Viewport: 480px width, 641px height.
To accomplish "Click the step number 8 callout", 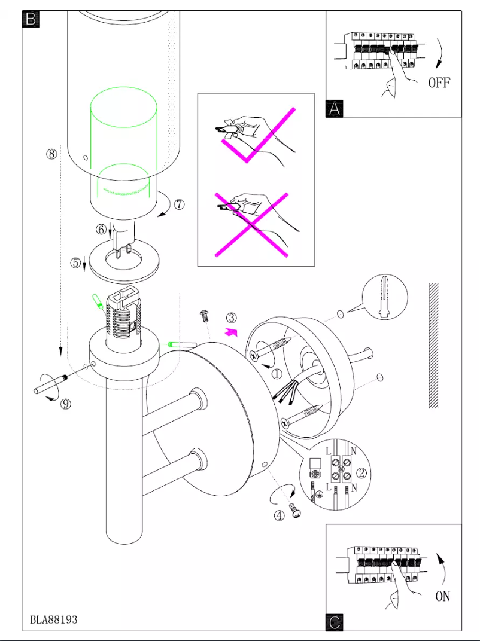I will (52, 154).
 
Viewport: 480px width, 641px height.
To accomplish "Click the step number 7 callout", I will (180, 204).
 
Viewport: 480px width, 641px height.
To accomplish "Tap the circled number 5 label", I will (75, 262).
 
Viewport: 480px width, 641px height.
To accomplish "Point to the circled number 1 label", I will (276, 374).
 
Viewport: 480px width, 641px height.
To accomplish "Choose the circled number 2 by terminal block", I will (361, 473).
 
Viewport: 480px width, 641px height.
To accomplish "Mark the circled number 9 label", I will (65, 404).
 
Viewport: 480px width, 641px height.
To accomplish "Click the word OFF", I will (439, 83).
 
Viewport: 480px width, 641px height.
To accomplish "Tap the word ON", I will (442, 596).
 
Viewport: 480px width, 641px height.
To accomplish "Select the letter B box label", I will (31, 19).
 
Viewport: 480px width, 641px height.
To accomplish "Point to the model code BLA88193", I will (54, 619).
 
